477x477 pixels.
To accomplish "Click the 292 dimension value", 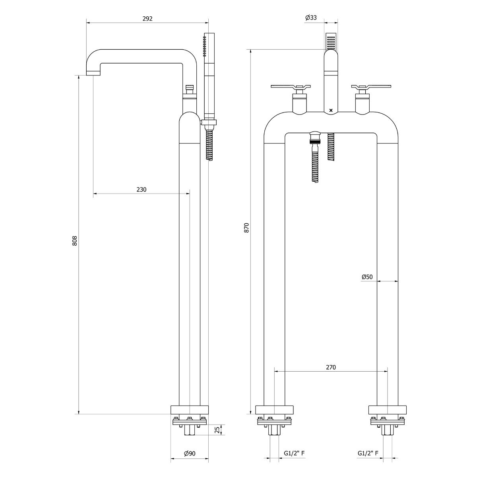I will coord(147,19).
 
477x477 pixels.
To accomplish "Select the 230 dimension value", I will coord(142,190).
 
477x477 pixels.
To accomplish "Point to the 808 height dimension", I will coord(74,241).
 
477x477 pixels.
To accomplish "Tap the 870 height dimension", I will coord(246,228).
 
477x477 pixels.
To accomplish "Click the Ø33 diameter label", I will coord(311,17).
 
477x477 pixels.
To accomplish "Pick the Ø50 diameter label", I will coord(367,277).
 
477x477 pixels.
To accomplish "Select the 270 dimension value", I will coord(331,367).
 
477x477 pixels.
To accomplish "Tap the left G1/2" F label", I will coord(294,453).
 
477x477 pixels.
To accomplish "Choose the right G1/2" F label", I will coord(368,453).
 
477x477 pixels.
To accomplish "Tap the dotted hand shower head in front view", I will coord(331,41).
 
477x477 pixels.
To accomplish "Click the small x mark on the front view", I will coord(331,110).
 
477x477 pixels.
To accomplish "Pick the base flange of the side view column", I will coord(190,410).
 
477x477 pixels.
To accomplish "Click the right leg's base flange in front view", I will coord(388,410).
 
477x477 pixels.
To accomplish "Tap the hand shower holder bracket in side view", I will coord(209,122).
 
